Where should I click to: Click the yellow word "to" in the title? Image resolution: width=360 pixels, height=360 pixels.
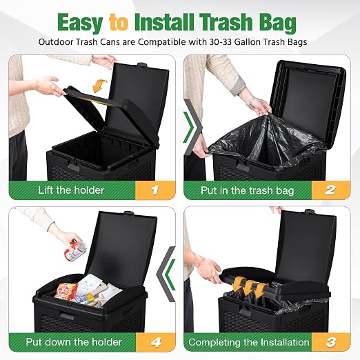pos(119,22)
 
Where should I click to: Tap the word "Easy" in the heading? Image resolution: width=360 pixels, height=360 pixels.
pos(80,23)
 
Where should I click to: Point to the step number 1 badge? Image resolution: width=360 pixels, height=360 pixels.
pos(155,190)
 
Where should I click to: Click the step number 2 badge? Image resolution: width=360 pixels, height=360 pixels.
pos(330,190)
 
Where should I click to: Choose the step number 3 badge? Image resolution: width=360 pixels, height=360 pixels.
pos(331,342)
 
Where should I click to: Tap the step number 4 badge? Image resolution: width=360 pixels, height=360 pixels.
pos(156,342)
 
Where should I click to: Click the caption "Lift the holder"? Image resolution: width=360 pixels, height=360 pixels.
pos(71,190)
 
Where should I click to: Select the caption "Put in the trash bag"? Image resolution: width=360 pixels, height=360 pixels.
pos(248,190)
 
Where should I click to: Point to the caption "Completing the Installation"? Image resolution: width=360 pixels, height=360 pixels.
pos(249,342)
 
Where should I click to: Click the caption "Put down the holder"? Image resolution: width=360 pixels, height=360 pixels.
pos(74,342)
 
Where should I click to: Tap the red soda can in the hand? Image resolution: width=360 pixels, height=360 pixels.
pos(75,250)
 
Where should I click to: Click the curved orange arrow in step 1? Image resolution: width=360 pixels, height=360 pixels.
pos(99,86)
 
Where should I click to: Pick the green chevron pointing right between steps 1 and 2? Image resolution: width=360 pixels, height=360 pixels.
pos(189,127)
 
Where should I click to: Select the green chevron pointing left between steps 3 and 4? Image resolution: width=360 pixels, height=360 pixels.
pos(170,274)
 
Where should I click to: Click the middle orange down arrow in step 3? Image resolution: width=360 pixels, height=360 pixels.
pos(250,288)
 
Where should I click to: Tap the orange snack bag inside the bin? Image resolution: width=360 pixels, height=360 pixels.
pos(66,291)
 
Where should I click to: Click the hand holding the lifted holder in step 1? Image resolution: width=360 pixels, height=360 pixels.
pos(49,86)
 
